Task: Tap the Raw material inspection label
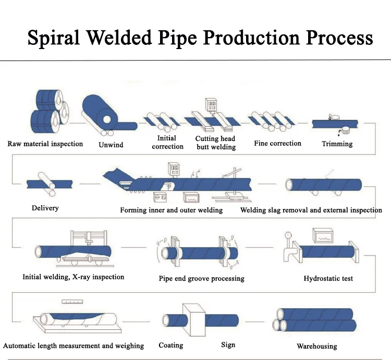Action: pyautogui.click(x=45, y=143)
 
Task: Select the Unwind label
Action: pyautogui.click(x=111, y=145)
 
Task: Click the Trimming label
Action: pyautogui.click(x=337, y=143)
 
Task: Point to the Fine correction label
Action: pyautogui.click(x=277, y=143)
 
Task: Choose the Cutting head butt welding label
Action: pyautogui.click(x=215, y=142)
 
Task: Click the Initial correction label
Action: pyautogui.click(x=167, y=142)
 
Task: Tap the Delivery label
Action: pyautogui.click(x=45, y=208)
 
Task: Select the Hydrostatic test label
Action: pyautogui.click(x=328, y=278)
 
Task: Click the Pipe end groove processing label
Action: pyautogui.click(x=201, y=278)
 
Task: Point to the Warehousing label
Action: pyautogui.click(x=316, y=346)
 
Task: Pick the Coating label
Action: pyautogui.click(x=171, y=345)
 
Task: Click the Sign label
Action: pyautogui.click(x=228, y=344)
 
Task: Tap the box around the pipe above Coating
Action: pyautogui.click(x=197, y=319)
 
